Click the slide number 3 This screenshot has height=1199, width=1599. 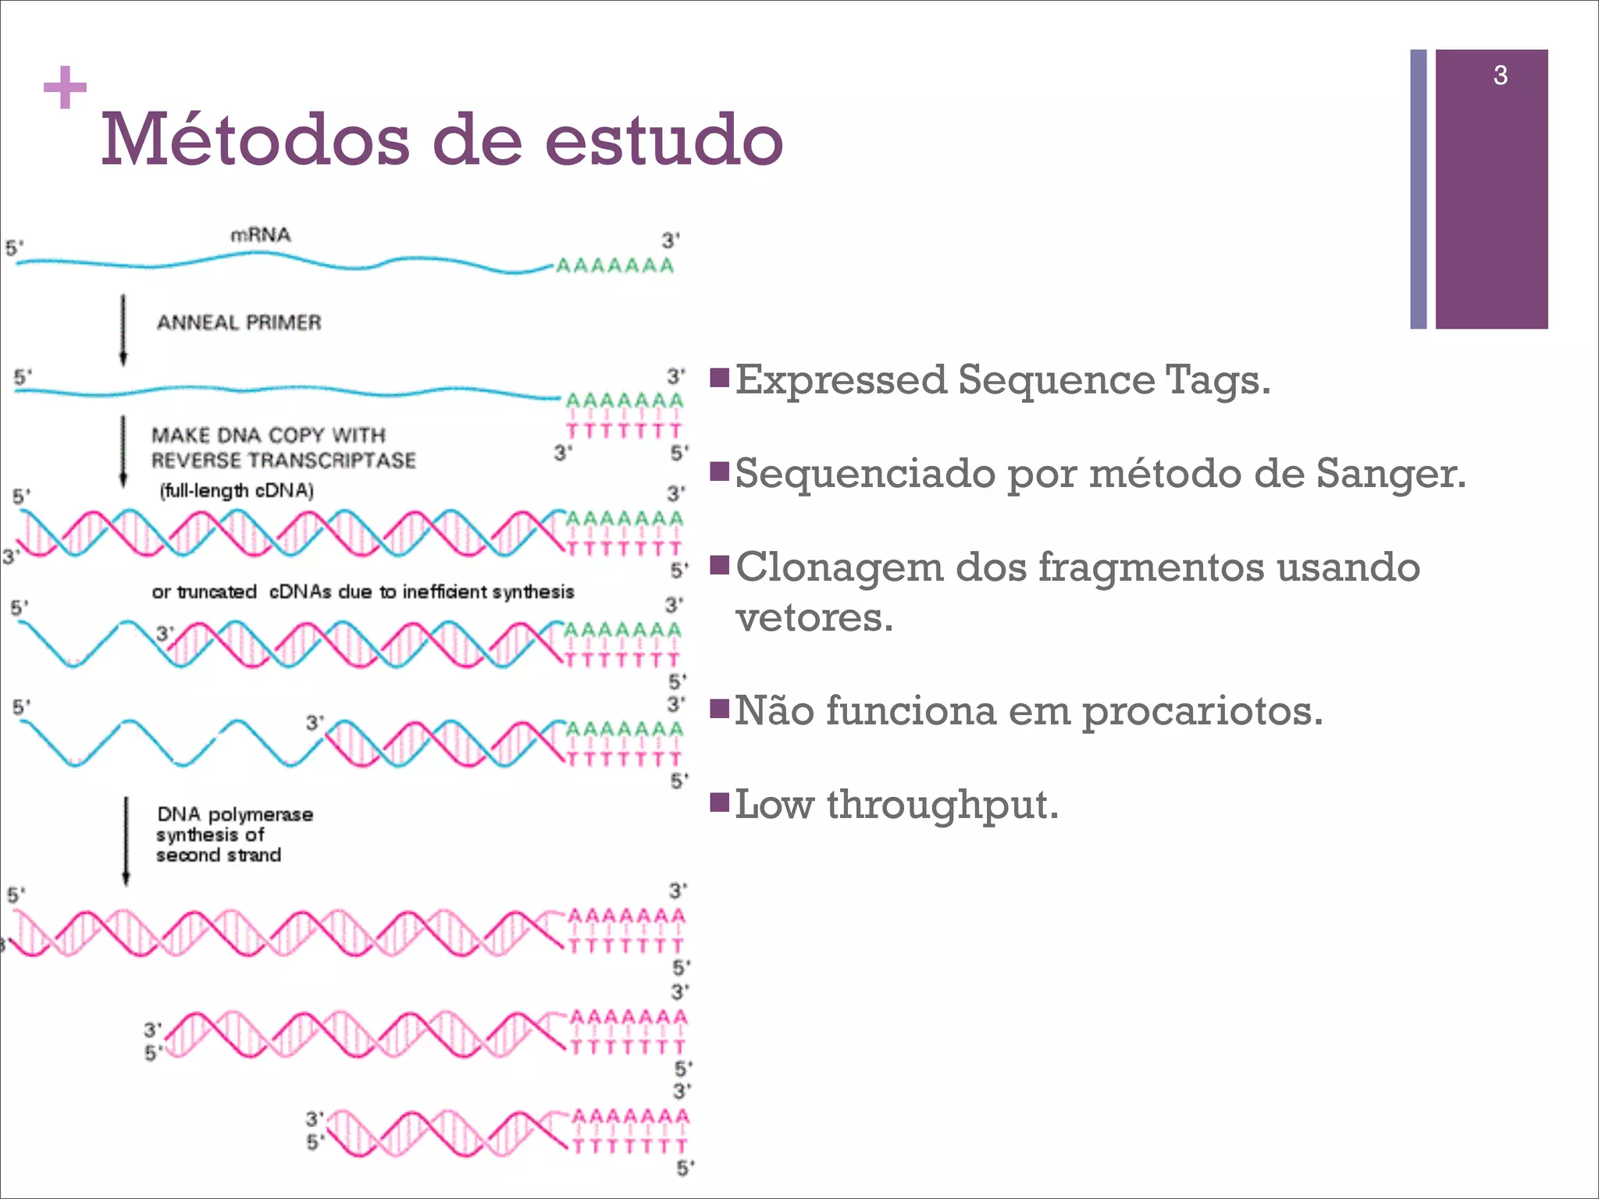[1500, 76]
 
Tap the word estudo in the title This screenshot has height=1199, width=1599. [663, 141]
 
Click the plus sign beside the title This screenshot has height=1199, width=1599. [65, 87]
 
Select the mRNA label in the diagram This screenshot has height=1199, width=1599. [260, 235]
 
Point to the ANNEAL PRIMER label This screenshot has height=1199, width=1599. [239, 322]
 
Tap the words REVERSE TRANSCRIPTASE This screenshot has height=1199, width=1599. [283, 461]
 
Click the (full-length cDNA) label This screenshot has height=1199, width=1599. [237, 491]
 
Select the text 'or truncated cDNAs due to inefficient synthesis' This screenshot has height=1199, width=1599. [362, 592]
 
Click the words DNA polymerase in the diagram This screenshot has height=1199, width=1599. [235, 814]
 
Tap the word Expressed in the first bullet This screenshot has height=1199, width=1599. [841, 380]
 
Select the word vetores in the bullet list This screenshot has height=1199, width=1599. [814, 617]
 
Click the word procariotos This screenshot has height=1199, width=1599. [1202, 711]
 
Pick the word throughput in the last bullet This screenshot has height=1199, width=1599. [942, 805]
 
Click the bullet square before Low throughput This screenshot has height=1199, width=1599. [719, 802]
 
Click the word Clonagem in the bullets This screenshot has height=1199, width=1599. [839, 567]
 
